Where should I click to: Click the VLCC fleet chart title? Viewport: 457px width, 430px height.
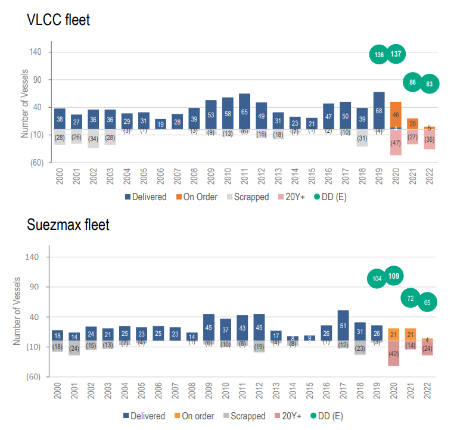coord(58,19)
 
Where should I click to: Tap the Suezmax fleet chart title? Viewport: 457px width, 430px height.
coord(68,225)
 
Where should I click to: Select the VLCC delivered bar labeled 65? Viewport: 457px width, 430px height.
coord(244,111)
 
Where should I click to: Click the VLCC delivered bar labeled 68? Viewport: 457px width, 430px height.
coord(379,111)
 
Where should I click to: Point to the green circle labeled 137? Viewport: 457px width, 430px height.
coord(396,54)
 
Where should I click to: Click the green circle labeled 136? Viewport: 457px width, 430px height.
coord(379,55)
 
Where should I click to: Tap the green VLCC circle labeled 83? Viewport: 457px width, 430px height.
coord(429,83)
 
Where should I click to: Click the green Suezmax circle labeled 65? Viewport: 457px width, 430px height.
coord(427,302)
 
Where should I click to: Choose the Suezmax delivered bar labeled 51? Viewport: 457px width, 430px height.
coord(343,325)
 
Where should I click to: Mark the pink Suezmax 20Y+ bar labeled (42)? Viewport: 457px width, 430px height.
coord(393,353)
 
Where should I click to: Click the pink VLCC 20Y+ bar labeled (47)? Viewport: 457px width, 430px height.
coord(396,143)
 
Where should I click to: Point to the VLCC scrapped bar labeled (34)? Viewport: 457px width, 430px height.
coord(93,139)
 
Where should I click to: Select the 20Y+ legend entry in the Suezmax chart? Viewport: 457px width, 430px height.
coord(293,416)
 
